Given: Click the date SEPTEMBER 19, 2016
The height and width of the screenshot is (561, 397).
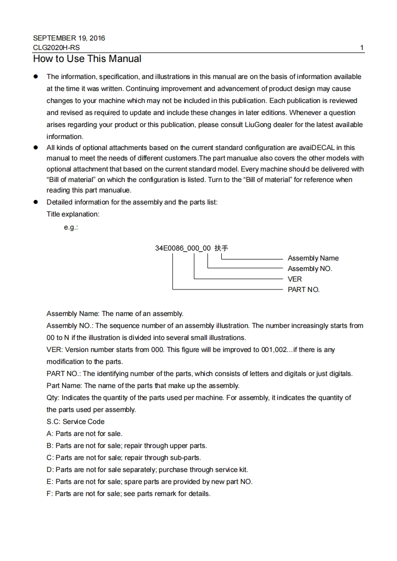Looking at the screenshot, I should click(x=69, y=38).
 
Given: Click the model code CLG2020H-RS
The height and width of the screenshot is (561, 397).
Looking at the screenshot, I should click(x=56, y=47).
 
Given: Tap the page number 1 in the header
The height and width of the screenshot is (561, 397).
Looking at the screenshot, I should click(x=362, y=48).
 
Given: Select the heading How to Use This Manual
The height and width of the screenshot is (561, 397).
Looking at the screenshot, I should click(x=87, y=59).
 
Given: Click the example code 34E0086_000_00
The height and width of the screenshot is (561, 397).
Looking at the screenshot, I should click(x=183, y=247).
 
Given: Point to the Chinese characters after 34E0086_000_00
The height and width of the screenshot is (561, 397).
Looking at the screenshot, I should click(x=221, y=247).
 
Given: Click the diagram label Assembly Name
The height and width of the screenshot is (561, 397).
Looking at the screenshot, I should click(x=313, y=258).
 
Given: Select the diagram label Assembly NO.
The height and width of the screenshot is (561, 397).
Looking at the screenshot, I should click(x=310, y=268).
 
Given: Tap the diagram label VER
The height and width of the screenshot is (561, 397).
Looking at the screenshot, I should click(x=295, y=279).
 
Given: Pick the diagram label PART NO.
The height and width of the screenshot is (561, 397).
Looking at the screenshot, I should click(x=303, y=289).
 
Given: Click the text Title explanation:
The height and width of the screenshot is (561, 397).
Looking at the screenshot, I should click(x=73, y=214).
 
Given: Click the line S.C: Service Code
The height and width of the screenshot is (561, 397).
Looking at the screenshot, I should click(x=76, y=421).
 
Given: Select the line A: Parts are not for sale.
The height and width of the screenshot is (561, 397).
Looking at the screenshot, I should click(x=85, y=433).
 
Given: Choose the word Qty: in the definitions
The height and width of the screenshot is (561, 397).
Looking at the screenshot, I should click(x=54, y=397).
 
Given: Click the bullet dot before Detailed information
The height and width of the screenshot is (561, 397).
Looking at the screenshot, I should click(x=36, y=202).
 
